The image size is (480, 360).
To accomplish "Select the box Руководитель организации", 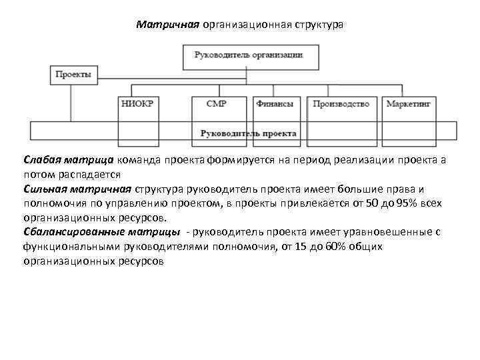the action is point(248,56).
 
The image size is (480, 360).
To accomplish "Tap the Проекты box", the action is point(71,75).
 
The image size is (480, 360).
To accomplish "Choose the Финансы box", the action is point(275,104).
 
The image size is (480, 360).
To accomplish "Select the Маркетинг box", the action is point(409,104).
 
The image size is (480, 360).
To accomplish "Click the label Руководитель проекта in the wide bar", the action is point(248,133).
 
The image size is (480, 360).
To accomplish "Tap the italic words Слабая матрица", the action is point(69,161).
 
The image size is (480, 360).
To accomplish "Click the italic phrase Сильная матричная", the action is point(77,189).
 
